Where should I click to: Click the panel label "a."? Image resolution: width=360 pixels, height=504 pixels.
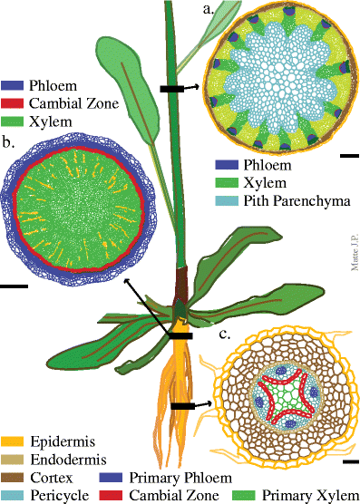[209, 11]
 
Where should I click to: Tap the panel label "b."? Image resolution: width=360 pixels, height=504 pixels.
[8, 142]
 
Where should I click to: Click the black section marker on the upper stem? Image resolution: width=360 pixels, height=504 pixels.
[170, 88]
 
